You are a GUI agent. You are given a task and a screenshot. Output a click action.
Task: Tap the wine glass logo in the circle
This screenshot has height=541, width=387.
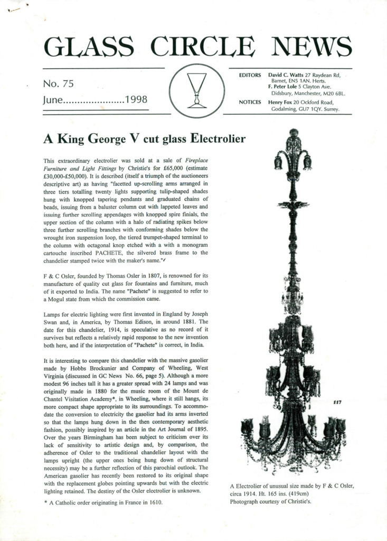tap(196, 90)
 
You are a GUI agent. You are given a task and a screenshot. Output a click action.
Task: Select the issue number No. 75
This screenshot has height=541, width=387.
tap(58, 83)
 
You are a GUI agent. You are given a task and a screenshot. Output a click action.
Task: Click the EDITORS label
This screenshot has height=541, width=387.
tap(250, 76)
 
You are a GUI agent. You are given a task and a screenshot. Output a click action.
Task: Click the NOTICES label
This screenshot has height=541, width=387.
tap(250, 102)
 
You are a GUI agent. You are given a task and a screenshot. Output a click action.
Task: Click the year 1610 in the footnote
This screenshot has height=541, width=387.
tap(153, 502)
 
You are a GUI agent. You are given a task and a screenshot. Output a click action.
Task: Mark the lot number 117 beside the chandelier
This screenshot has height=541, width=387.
tap(337, 403)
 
